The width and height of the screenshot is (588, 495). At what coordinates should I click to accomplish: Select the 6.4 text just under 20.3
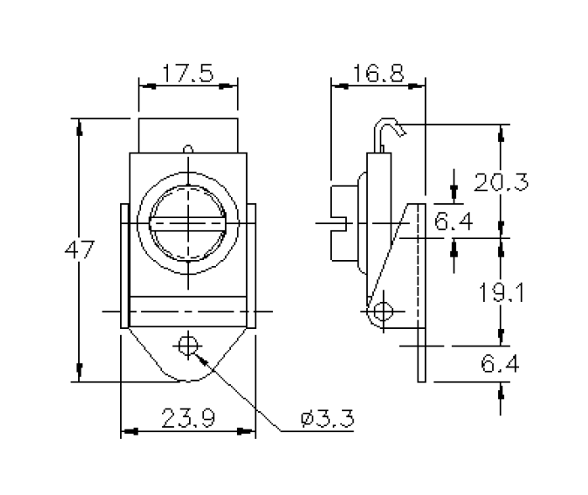pos(454,221)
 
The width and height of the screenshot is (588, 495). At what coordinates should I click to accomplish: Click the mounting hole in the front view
pos(187,345)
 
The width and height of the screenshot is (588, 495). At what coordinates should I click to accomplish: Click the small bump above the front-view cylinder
pos(188,149)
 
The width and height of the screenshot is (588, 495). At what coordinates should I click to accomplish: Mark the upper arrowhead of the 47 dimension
pos(80,126)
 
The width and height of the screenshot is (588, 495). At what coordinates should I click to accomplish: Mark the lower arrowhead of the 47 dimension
pos(80,375)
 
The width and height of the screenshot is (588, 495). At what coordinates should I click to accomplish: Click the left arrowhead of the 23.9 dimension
pos(129,432)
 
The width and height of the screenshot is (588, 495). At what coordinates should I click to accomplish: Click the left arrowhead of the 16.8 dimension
pos(339,85)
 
